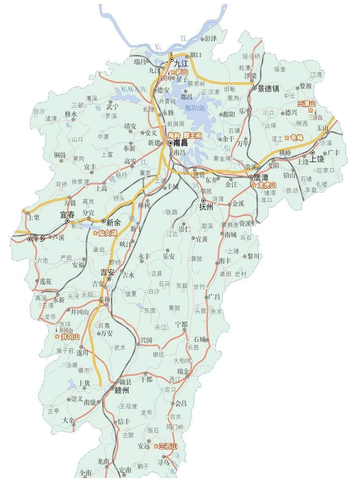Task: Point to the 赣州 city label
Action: (x=122, y=390)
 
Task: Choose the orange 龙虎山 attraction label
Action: (x=267, y=185)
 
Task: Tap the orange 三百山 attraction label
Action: (x=168, y=446)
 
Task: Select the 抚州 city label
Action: (x=206, y=206)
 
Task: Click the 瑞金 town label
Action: (x=183, y=371)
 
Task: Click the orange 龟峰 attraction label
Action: (x=296, y=138)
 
